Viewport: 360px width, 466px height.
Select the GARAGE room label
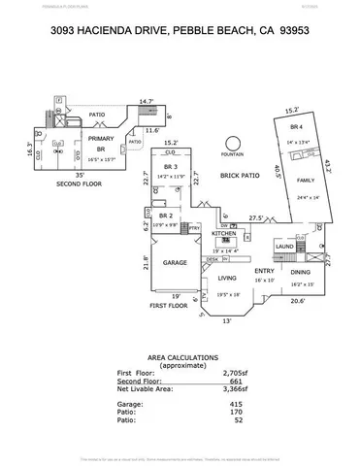coord(175,262)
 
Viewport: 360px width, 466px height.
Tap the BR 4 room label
coord(295,126)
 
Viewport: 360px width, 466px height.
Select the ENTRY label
coord(264,271)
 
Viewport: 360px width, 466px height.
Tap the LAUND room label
coord(284,247)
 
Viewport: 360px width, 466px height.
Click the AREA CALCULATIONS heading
coord(181,356)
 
